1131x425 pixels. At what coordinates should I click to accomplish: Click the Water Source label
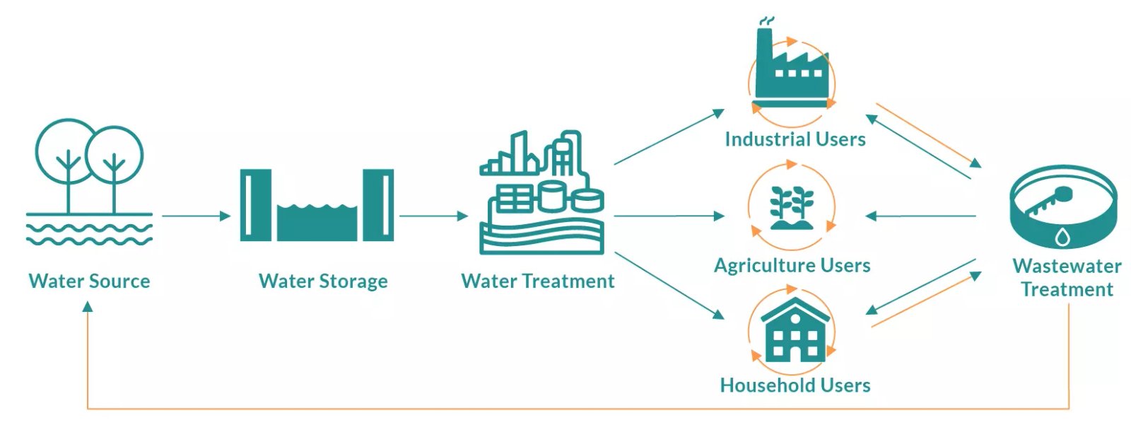[89, 281]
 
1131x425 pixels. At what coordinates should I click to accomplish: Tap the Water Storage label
[323, 281]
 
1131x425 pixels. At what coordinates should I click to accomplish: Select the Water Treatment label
[537, 281]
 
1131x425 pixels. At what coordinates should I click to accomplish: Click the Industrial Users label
[795, 139]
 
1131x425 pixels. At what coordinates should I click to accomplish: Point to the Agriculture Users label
[792, 266]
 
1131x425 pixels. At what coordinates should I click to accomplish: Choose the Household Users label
[795, 385]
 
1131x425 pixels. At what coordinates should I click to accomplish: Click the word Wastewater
[1067, 267]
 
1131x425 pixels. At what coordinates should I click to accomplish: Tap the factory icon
[791, 71]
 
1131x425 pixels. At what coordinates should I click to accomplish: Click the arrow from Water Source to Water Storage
[196, 216]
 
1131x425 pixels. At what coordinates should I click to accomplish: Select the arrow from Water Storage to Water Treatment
[433, 216]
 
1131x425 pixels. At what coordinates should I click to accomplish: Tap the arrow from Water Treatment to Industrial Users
[668, 137]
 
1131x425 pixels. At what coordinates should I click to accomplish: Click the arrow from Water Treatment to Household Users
[668, 285]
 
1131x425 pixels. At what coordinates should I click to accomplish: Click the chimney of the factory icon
[764, 42]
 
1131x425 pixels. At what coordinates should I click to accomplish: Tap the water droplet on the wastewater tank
[1062, 237]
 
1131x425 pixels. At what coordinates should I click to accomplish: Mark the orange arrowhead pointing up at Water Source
[88, 307]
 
